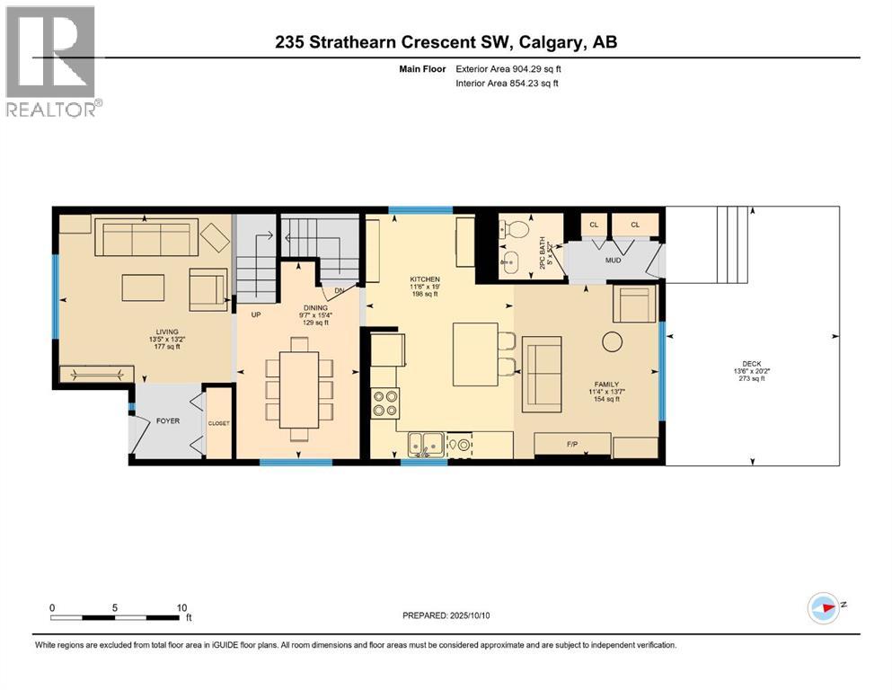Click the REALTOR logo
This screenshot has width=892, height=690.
[51, 61]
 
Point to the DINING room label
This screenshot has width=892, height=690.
[290, 307]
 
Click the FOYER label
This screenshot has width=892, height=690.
[168, 419]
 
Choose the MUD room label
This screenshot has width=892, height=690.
[613, 260]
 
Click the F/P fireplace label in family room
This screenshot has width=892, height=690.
[570, 444]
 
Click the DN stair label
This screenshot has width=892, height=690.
[338, 291]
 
